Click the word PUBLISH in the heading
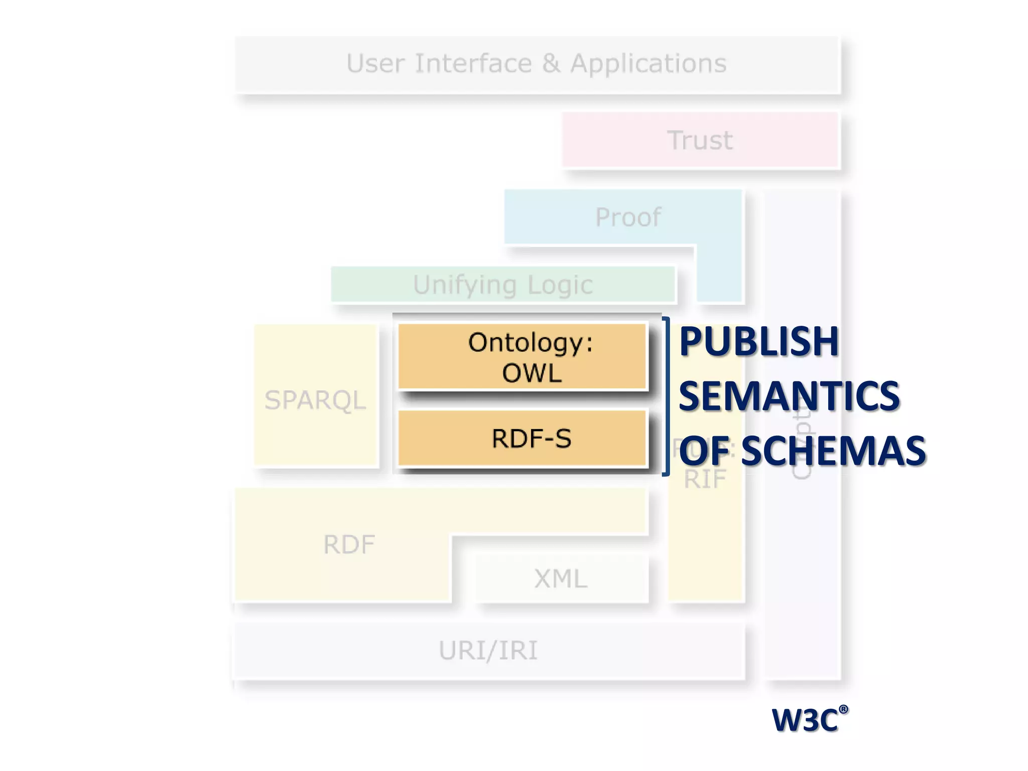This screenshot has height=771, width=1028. [x=758, y=342]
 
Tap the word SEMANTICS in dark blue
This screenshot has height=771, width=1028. [x=789, y=396]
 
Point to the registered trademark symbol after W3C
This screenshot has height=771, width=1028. [x=843, y=709]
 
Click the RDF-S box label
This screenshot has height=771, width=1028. [x=532, y=439]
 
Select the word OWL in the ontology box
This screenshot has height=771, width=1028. [x=532, y=373]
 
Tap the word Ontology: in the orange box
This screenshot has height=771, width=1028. [x=530, y=343]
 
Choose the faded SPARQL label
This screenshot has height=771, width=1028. [x=315, y=400]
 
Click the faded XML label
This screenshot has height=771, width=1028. [x=561, y=579]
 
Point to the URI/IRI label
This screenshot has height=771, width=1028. [x=488, y=651]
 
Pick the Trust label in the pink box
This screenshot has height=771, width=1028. [x=700, y=140]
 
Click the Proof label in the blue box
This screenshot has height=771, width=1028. [x=628, y=217]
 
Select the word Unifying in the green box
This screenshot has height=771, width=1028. [x=464, y=285]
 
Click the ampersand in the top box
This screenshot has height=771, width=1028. [x=551, y=64]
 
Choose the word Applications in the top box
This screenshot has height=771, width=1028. [x=649, y=64]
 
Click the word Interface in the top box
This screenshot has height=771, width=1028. [x=473, y=64]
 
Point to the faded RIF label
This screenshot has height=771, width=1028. [x=705, y=479]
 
